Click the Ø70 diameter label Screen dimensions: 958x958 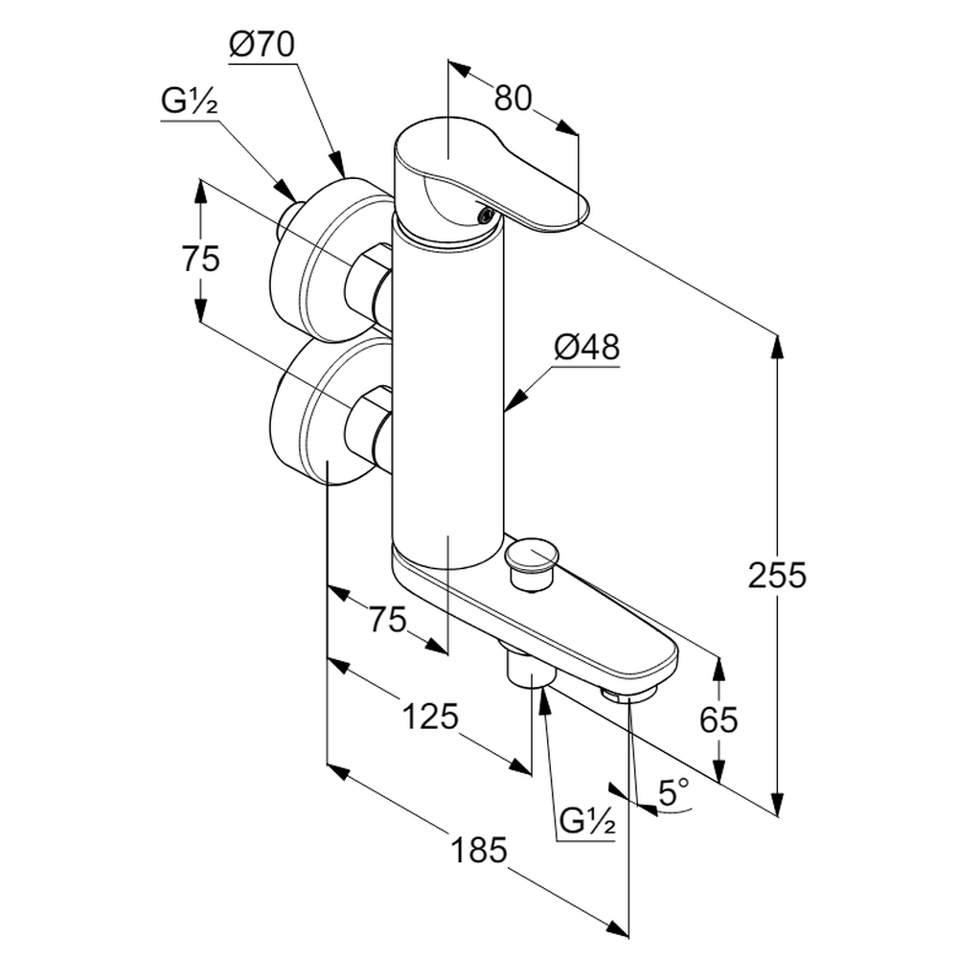coord(262,44)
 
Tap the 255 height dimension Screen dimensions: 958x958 coord(778,575)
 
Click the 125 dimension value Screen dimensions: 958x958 coord(431,716)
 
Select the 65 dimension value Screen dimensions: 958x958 coord(718,718)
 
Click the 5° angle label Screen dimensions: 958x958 coord(674,792)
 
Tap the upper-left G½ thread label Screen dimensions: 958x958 coord(189,103)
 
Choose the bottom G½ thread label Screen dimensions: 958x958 coord(586,821)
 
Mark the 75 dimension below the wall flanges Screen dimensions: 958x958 coord(388,620)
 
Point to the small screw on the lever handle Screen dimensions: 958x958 coord(485,215)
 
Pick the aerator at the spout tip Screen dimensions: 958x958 coord(629,693)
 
